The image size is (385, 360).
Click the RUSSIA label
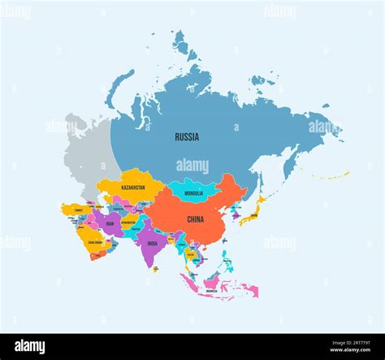(187, 137)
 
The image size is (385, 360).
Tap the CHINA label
(196, 219)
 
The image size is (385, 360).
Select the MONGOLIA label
(194, 193)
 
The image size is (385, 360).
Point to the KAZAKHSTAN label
(132, 188)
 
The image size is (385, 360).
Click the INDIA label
(152, 242)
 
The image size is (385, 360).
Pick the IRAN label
(110, 223)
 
